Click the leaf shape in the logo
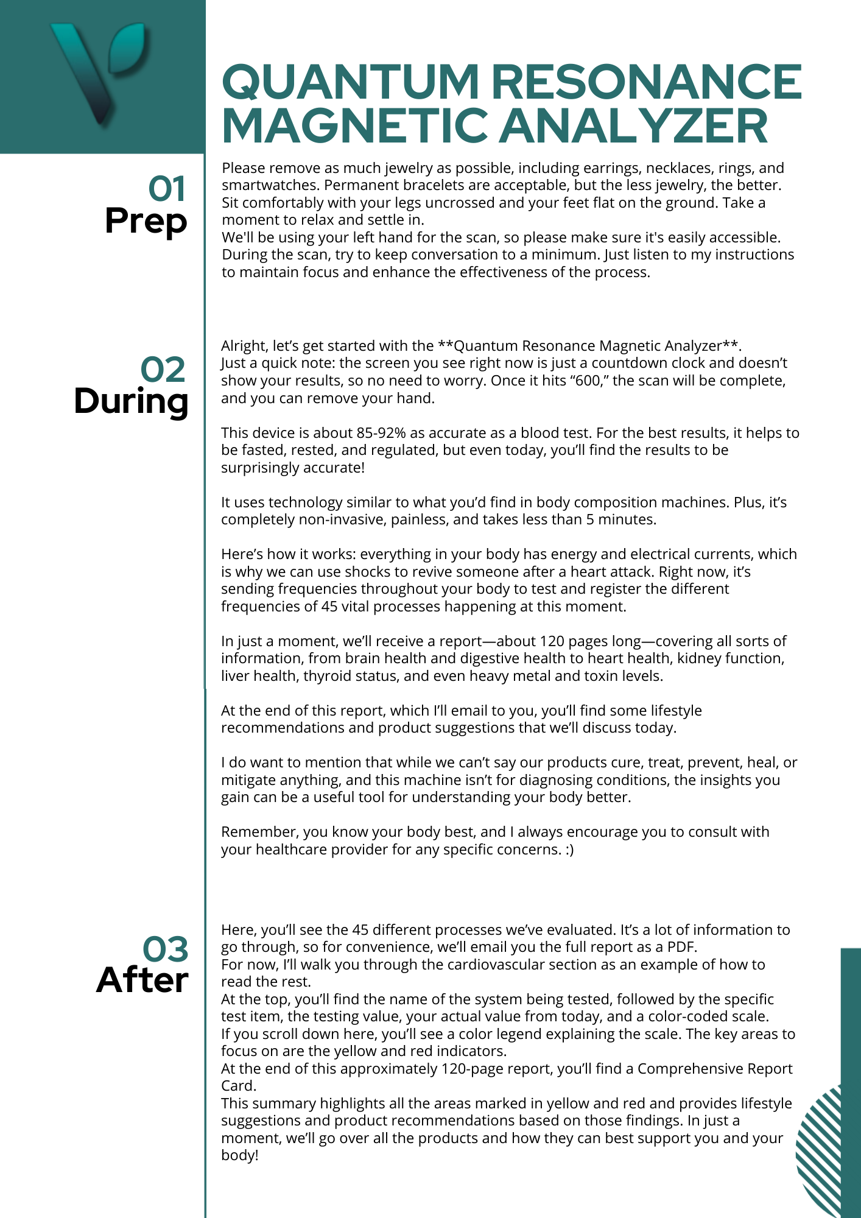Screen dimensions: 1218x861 pos(127,48)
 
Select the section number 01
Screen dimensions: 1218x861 pos(167,189)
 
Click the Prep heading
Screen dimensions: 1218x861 pos(146,221)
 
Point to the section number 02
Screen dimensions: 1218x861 pos(163,370)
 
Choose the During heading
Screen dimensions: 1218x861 pos(131,402)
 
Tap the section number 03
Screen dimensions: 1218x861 pos(166,949)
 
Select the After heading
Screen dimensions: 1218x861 pos(142,980)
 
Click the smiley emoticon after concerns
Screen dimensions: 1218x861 pos(569,850)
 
